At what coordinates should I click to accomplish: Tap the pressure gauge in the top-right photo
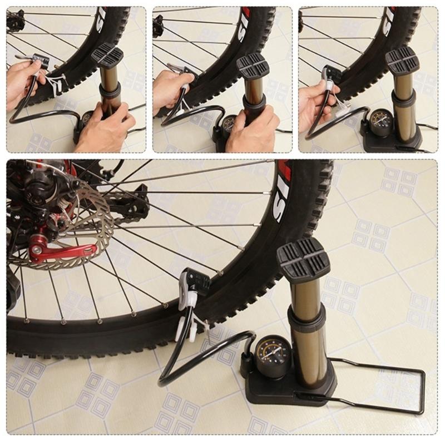[381, 121]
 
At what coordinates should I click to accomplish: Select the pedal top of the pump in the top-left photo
[107, 55]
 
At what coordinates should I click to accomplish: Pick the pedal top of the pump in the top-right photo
[402, 59]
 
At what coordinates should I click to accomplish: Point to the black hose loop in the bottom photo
[184, 356]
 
